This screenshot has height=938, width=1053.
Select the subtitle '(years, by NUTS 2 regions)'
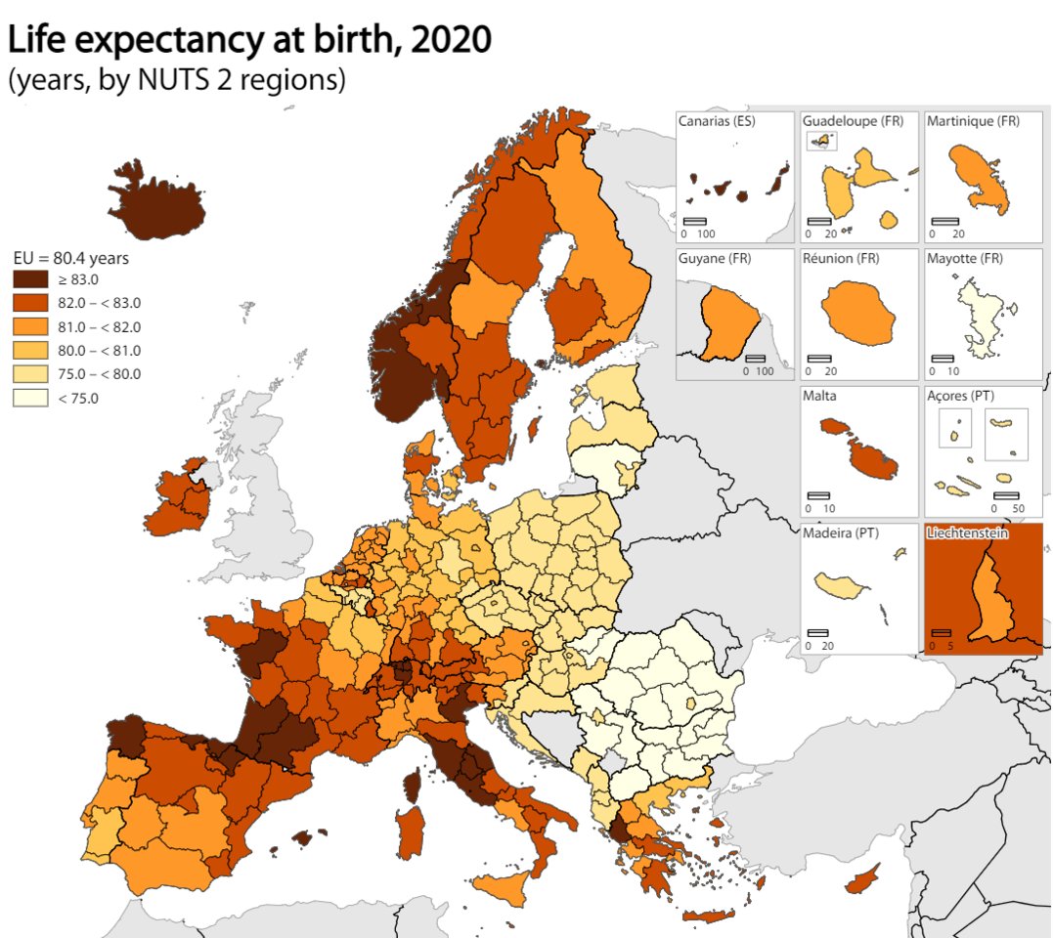[177, 79]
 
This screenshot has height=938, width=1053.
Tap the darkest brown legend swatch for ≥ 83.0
[31, 279]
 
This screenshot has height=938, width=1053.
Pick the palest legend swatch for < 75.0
[31, 398]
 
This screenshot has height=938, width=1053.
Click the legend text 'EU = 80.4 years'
[71, 259]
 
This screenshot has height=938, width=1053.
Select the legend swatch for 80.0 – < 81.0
[31, 350]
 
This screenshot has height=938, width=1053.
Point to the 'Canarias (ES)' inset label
[723, 121]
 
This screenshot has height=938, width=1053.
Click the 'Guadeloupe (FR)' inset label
[853, 121]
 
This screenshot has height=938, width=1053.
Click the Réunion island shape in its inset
[857, 312]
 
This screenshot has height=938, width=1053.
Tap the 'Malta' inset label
[819, 396]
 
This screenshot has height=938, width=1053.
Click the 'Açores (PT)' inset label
[964, 396]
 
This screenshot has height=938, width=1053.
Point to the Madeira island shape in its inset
[844, 586]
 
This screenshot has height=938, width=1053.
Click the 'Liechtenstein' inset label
[968, 533]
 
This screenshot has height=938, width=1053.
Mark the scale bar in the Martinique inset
[944, 222]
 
